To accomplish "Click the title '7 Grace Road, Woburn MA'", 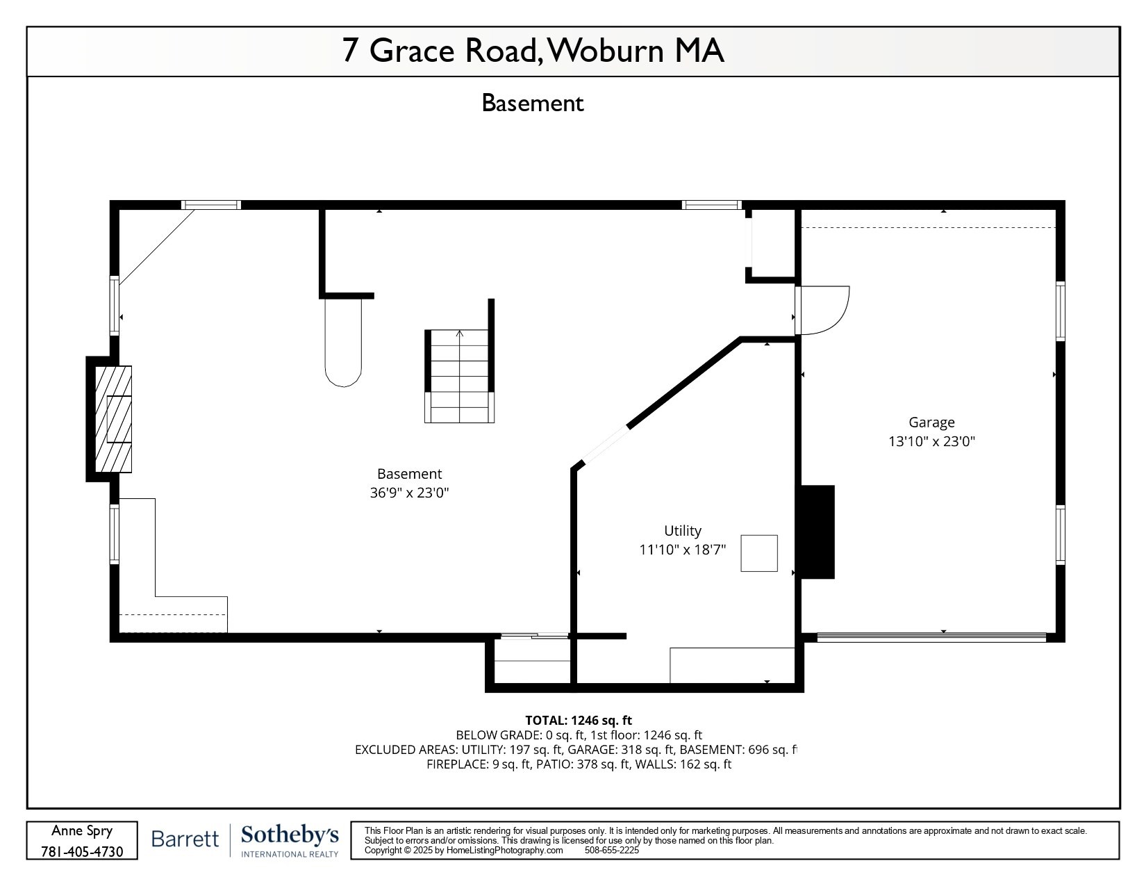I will tap(533, 51).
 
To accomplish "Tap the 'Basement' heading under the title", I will tap(533, 104).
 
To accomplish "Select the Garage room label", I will tap(931, 423).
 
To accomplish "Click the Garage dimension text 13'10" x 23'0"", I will tap(931, 441).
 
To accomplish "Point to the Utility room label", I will tap(683, 531).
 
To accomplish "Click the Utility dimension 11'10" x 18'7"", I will tap(683, 550).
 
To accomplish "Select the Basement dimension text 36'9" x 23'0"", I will tap(409, 493).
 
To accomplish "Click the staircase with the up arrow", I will tap(459, 376).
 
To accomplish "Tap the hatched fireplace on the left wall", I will tap(113, 419).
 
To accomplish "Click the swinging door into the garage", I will tap(823, 310).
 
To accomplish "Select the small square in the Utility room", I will tap(758, 553).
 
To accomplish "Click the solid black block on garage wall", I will tap(817, 532).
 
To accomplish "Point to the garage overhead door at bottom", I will tap(931, 637).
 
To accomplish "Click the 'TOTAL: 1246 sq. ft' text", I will tap(578, 721).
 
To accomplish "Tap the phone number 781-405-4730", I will tap(82, 851).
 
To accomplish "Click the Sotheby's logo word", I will tap(290, 835).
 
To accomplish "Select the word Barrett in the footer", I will tap(185, 839).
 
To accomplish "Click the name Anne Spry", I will tap(82, 831).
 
